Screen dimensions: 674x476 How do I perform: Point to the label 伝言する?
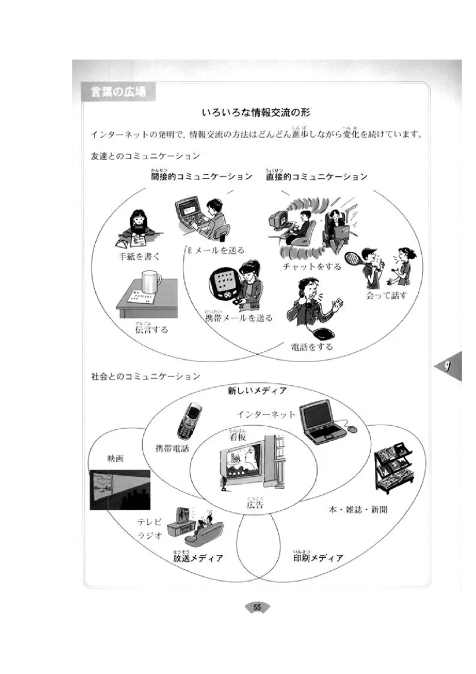pyautogui.click(x=151, y=329)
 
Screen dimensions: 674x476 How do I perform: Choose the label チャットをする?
pyautogui.click(x=312, y=266)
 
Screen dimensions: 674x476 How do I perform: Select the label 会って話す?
pyautogui.click(x=386, y=295)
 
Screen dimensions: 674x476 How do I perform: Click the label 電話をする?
pyautogui.click(x=311, y=347)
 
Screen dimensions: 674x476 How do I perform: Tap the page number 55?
pyautogui.click(x=257, y=607)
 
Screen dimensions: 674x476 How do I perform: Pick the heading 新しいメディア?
pyautogui.click(x=257, y=391)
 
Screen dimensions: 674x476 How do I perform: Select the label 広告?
pyautogui.click(x=255, y=505)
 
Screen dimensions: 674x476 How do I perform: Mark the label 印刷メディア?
pyautogui.click(x=318, y=558)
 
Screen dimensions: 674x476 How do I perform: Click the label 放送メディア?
pyautogui.click(x=198, y=558)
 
